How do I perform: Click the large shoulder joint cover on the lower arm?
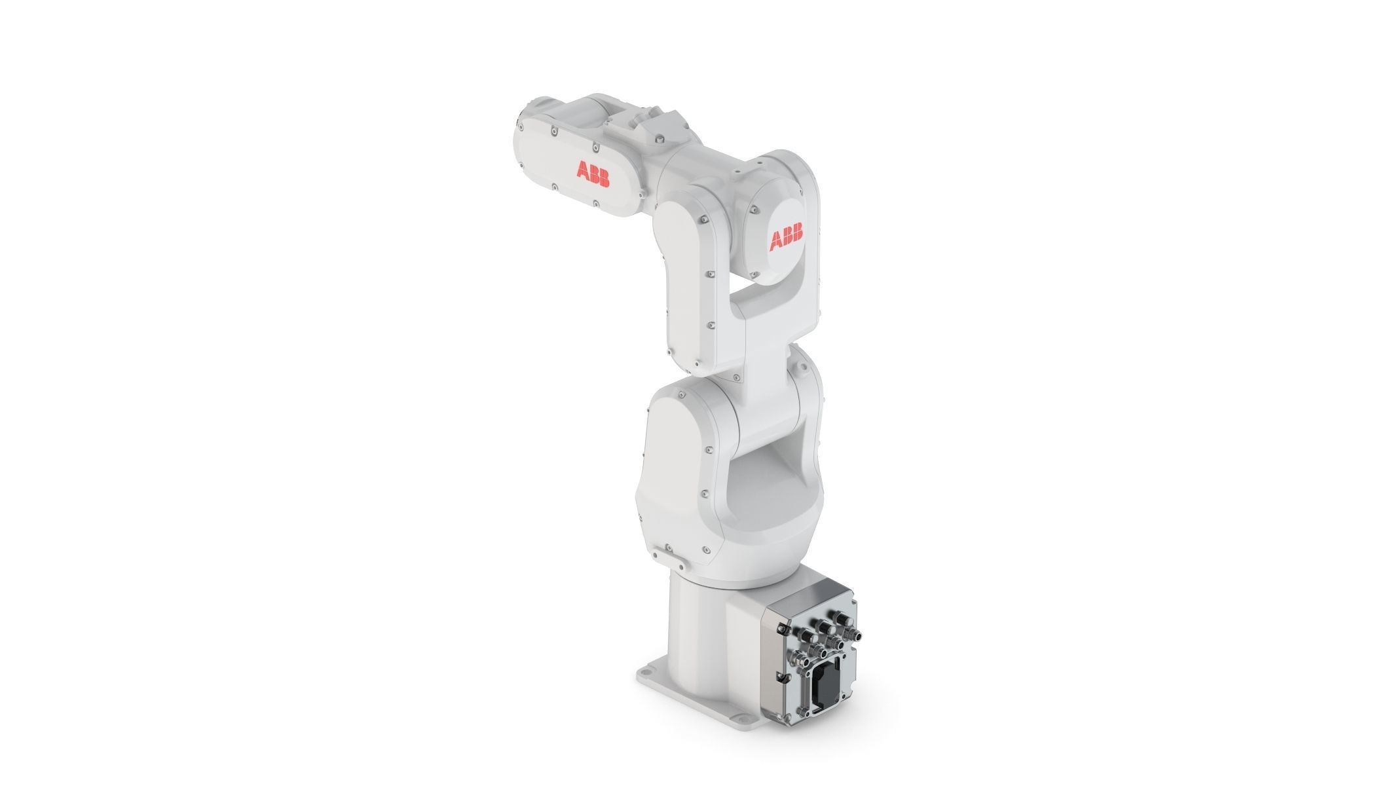681,458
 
